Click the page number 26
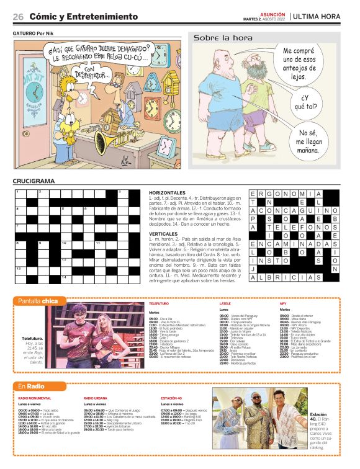[19, 16]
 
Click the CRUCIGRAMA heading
[33, 181]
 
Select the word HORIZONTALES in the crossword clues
[167, 193]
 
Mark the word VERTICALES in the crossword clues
[164, 234]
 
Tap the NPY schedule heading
[283, 303]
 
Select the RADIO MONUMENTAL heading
[35, 397]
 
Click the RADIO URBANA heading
[96, 397]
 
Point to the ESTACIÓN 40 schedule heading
[171, 397]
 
